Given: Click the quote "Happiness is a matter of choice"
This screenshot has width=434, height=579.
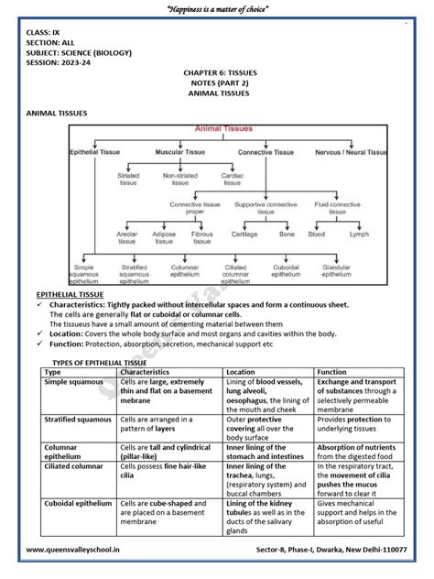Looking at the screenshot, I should [217, 8].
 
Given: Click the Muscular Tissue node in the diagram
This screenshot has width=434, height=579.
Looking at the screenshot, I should [179, 151].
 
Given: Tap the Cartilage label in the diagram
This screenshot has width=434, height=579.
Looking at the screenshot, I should [243, 234].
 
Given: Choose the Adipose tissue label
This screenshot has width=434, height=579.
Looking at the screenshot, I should [165, 237].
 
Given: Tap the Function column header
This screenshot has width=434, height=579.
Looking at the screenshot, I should [332, 373].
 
